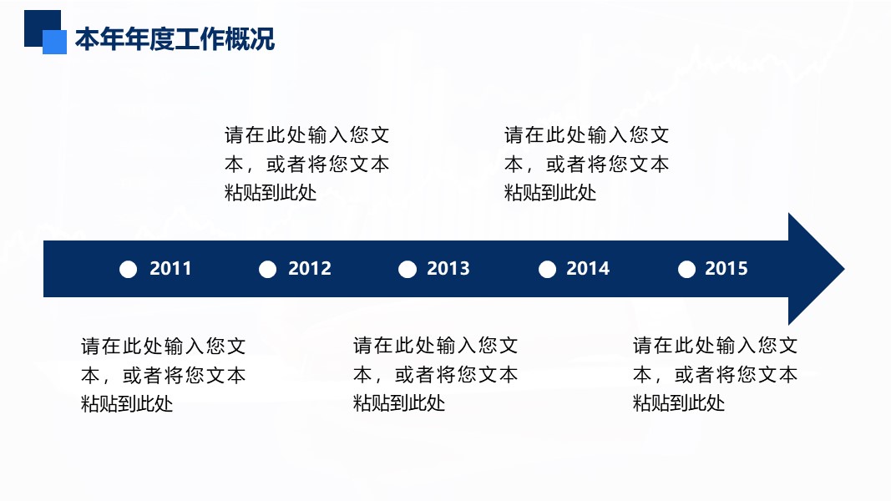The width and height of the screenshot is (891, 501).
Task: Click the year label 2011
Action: pyautogui.click(x=170, y=269)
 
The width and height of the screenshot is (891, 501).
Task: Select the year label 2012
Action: pyautogui.click(x=310, y=269)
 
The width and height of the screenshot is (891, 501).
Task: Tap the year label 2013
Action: pyautogui.click(x=448, y=269)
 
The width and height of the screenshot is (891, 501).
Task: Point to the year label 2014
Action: pyautogui.click(x=588, y=269)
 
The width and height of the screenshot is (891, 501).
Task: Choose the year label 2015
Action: pyautogui.click(x=726, y=269)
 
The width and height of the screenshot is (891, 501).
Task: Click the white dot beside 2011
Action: pyautogui.click(x=128, y=269)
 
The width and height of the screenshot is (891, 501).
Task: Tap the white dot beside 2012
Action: pyautogui.click(x=267, y=269)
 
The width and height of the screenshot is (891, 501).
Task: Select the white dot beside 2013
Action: pyautogui.click(x=407, y=269)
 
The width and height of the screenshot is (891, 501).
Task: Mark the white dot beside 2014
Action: pyautogui.click(x=547, y=269)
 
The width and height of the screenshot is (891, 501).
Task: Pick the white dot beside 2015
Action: pyautogui.click(x=686, y=269)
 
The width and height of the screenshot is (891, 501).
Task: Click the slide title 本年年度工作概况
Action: pyautogui.click(x=175, y=39)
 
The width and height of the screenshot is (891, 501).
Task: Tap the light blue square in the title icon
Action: pyautogui.click(x=55, y=43)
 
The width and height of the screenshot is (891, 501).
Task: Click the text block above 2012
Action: pyautogui.click(x=306, y=164)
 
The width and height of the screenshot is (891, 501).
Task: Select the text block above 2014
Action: pyautogui.click(x=586, y=164)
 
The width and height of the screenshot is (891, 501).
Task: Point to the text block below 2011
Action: pyautogui.click(x=163, y=374)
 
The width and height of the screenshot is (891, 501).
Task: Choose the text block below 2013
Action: pyautogui.click(x=435, y=374)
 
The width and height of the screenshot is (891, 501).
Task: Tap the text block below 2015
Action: pyautogui.click(x=715, y=374)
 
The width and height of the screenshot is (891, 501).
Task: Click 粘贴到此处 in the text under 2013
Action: pyautogui.click(x=399, y=403)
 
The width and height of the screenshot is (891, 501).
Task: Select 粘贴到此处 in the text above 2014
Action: pyautogui.click(x=550, y=193)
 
